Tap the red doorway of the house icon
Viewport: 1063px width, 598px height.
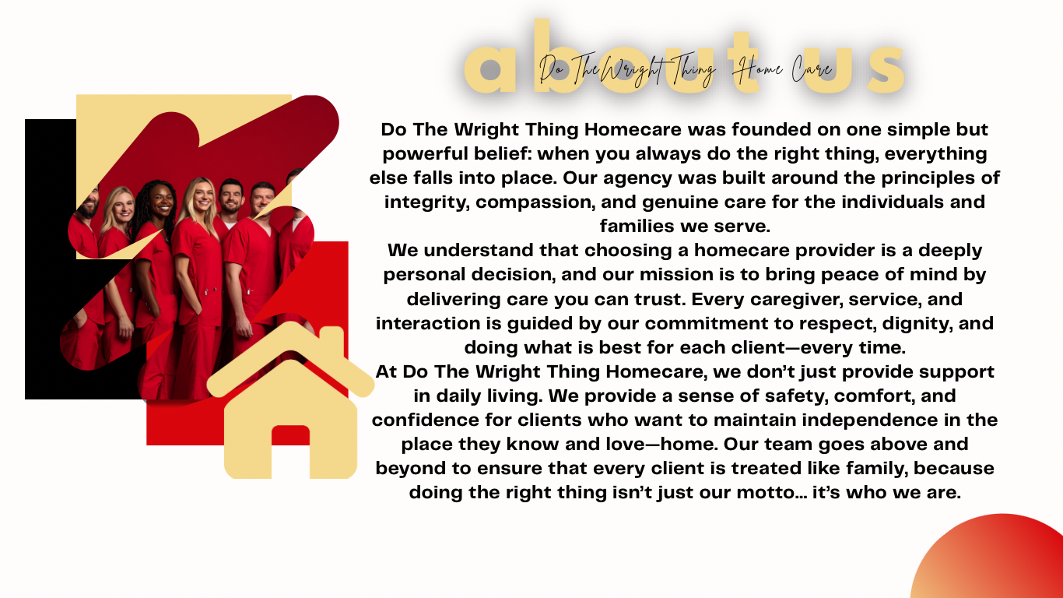[x=290, y=452]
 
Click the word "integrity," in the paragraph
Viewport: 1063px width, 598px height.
[x=427, y=202]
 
